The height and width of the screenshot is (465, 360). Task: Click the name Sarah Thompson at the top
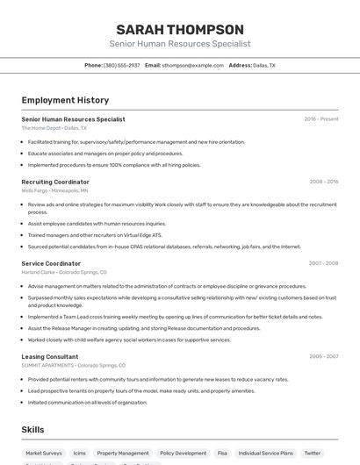[180, 29]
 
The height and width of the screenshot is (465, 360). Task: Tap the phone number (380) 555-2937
[121, 65]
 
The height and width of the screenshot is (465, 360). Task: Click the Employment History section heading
[65, 100]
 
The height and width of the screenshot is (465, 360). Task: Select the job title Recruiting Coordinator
[55, 182]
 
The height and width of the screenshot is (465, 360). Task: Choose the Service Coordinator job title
[51, 263]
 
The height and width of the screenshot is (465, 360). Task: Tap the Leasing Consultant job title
[50, 356]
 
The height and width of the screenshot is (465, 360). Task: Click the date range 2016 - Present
[321, 118]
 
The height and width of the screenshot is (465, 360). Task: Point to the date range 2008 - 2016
[324, 182]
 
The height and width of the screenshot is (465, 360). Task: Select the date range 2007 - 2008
[324, 263]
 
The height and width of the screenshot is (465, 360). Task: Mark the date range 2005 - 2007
[324, 356]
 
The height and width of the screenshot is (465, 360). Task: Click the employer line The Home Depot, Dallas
[54, 127]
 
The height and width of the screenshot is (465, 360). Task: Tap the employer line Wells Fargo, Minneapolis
[54, 190]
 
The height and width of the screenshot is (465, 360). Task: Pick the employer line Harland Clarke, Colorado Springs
[64, 272]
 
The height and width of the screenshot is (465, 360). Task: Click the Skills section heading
[32, 430]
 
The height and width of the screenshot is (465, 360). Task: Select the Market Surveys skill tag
[44, 453]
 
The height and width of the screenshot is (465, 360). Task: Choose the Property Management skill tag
[123, 453]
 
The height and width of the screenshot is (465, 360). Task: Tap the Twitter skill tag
[313, 453]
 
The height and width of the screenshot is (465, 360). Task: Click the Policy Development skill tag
[183, 453]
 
